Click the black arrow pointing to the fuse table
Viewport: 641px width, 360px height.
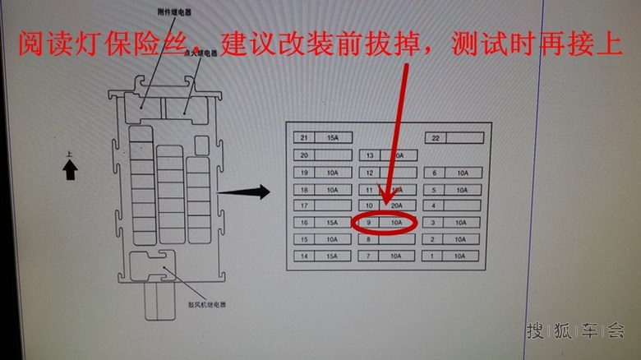[245, 192]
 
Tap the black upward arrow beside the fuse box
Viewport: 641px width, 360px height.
[70, 170]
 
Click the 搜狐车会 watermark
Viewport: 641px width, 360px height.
[574, 331]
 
